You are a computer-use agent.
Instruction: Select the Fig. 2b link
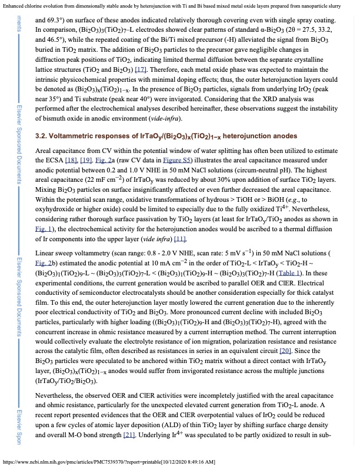[46, 237]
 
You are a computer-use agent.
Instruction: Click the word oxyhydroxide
[57, 190]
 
